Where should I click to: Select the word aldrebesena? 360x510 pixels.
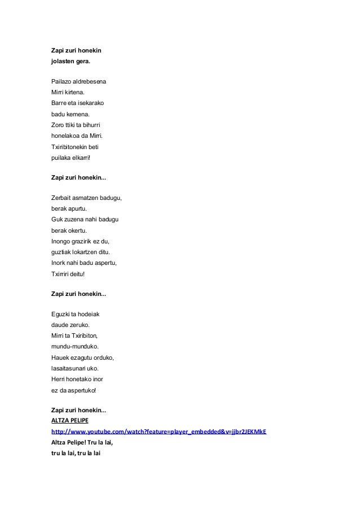tap(90, 82)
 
